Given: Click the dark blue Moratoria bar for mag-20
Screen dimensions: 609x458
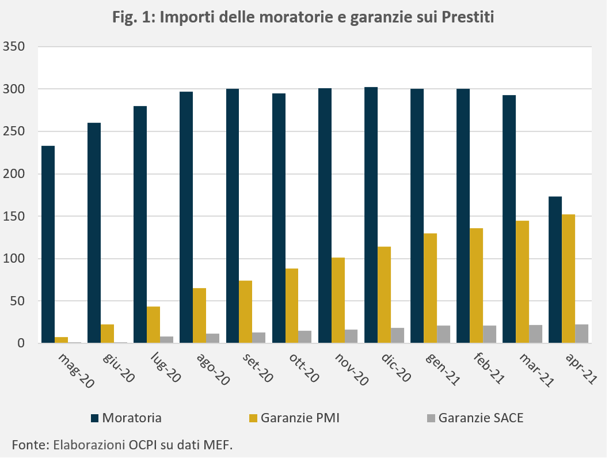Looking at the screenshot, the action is [48, 244].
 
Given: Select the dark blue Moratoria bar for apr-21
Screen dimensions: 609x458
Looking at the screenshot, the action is [555, 270].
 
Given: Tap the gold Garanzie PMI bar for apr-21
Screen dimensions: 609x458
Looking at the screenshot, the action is [568, 278].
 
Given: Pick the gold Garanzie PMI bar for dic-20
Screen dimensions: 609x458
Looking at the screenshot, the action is [384, 295].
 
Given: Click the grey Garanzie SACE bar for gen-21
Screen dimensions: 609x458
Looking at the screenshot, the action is [444, 334].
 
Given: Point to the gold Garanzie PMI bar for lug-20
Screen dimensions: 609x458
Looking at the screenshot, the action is [154, 325].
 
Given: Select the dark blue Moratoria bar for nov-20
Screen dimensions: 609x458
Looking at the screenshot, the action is [325, 215].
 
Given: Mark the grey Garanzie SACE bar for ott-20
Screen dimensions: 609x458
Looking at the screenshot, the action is [305, 336].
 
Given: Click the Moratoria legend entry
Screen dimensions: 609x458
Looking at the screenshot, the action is [126, 418].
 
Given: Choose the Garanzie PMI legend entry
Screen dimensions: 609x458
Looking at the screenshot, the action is [294, 418].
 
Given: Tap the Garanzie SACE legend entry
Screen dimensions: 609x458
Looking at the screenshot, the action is [475, 418].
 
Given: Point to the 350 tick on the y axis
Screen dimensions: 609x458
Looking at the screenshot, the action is [14, 47].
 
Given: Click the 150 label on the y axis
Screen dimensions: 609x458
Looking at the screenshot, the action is [14, 216].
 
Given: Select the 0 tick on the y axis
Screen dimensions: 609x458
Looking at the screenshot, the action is [21, 343].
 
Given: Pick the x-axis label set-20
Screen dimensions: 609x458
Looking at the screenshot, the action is [257, 368].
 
